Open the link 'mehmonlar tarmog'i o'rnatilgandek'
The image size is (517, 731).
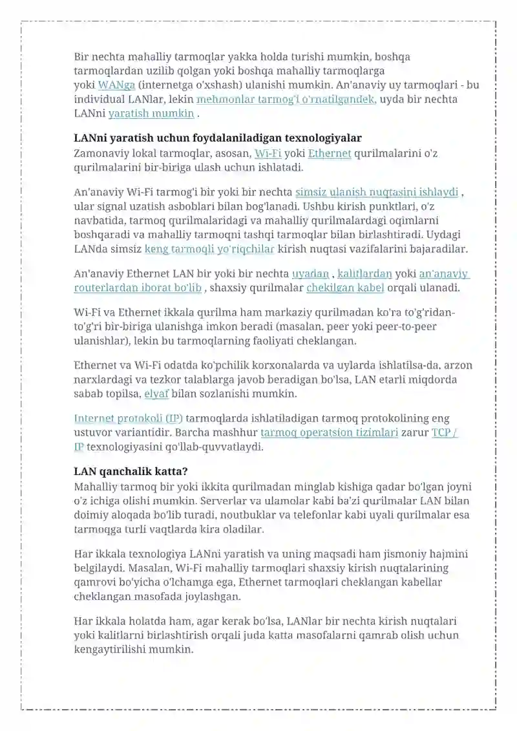[x=286, y=100]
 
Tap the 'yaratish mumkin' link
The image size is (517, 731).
[x=151, y=114]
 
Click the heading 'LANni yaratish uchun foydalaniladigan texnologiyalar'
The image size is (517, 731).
[x=218, y=138]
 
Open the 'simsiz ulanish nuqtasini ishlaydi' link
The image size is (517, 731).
[x=377, y=192]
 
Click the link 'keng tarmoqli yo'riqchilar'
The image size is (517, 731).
[x=209, y=248]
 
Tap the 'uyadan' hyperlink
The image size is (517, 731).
[x=310, y=273]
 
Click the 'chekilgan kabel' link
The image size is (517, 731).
[x=345, y=288]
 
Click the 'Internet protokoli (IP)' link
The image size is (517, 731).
[x=129, y=419]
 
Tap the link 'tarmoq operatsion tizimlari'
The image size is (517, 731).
[x=329, y=433]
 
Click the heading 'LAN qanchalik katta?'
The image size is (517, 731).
[x=131, y=471]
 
